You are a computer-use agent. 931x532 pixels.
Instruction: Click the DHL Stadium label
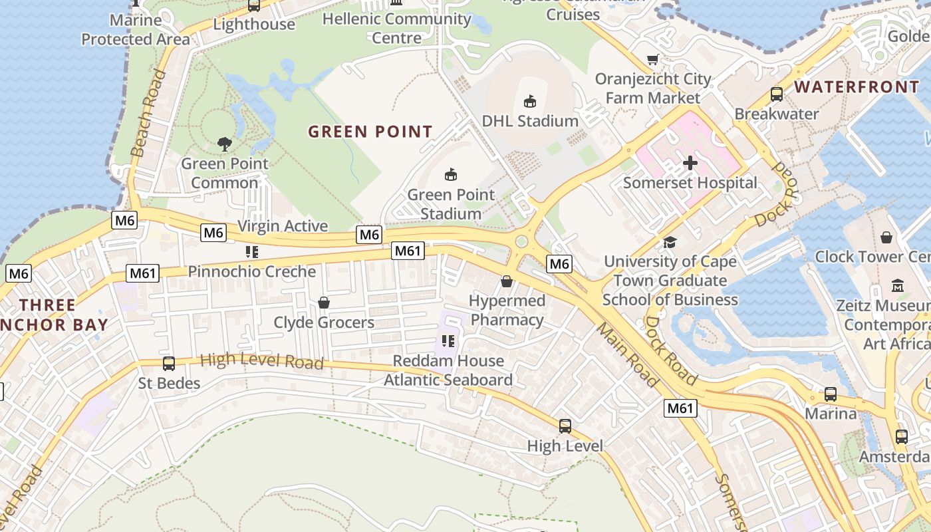pyautogui.click(x=530, y=121)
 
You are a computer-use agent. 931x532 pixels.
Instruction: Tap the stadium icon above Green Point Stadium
pyautogui.click(x=451, y=175)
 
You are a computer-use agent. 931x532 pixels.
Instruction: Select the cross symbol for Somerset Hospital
pyautogui.click(x=690, y=162)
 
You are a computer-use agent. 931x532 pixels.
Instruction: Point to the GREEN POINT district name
pyautogui.click(x=370, y=132)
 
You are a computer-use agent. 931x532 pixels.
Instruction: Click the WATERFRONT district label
pyautogui.click(x=857, y=87)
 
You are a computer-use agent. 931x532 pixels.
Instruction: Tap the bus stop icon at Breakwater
pyautogui.click(x=776, y=94)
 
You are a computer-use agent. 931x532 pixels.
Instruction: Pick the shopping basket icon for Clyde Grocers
pyautogui.click(x=324, y=303)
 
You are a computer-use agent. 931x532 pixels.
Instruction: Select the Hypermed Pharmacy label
pyautogui.click(x=507, y=311)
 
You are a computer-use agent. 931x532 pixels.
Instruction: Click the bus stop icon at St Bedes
pyautogui.click(x=169, y=364)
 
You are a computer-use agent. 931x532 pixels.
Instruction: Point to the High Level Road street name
pyautogui.click(x=261, y=361)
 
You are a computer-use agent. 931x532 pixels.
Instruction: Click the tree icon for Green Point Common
pyautogui.click(x=225, y=143)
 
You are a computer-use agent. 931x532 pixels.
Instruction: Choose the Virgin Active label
pyautogui.click(x=283, y=226)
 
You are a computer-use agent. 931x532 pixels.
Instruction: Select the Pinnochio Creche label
pyautogui.click(x=252, y=271)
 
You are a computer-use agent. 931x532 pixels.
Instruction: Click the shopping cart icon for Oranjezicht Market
pyautogui.click(x=653, y=60)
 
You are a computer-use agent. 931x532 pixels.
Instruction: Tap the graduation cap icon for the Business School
pyautogui.click(x=670, y=242)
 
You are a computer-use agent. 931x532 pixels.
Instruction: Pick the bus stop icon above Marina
pyautogui.click(x=831, y=394)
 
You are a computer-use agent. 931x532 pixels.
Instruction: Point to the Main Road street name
pyautogui.click(x=626, y=355)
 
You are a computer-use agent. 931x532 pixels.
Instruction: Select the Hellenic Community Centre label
pyautogui.click(x=397, y=28)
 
